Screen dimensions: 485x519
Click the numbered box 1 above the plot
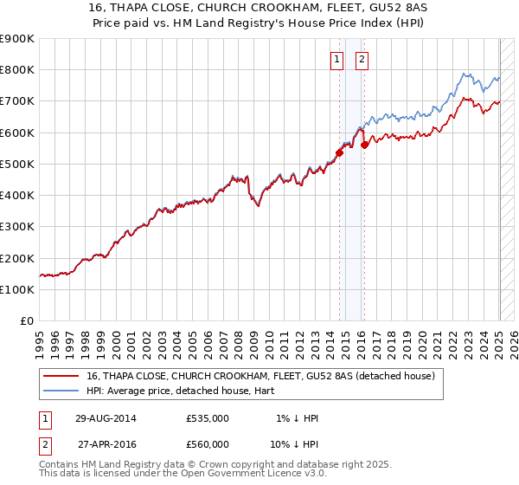click(336, 60)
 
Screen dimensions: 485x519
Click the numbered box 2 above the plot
click(362, 60)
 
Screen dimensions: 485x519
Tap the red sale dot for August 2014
click(340, 153)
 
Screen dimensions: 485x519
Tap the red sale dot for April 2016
click(365, 145)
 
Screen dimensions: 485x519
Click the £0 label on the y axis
click(27, 321)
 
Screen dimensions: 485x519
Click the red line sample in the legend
click(60, 377)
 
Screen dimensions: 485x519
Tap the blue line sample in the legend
click(60, 391)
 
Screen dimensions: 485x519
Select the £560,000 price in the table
click(208, 444)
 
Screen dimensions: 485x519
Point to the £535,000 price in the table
click(208, 418)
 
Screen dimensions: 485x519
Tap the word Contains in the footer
click(61, 466)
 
